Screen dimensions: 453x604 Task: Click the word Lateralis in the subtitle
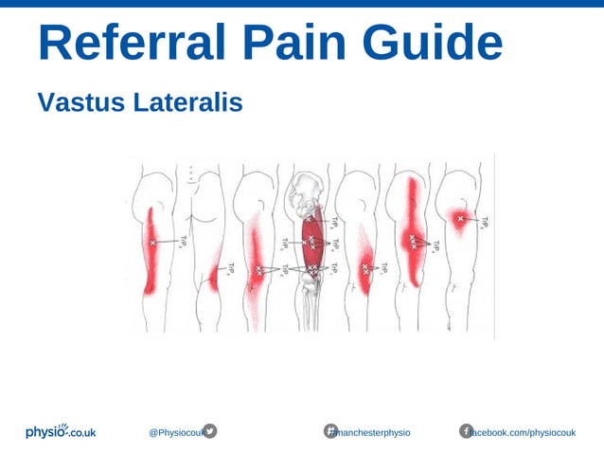[188, 100]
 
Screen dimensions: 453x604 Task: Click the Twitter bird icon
[210, 431]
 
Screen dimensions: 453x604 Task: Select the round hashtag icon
[331, 431]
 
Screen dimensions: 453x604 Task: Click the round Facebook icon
[466, 431]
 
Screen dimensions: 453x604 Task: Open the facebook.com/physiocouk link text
[526, 432]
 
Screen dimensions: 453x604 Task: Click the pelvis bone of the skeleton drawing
[311, 193]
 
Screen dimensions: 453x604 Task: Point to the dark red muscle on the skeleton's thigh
[311, 243]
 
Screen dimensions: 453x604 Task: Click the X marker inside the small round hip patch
[461, 220]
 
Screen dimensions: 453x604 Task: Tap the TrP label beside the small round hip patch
[484, 223]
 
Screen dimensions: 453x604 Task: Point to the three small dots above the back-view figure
[192, 172]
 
